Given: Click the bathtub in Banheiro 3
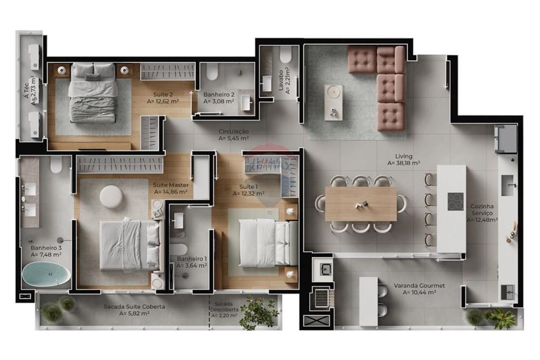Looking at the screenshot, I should tap(46, 275).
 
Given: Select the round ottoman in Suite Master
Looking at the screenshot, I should tap(112, 196).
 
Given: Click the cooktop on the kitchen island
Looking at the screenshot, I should tap(455, 201).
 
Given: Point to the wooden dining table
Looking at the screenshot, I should tap(361, 203).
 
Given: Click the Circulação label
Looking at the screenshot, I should tap(233, 134).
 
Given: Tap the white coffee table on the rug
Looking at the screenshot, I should tap(334, 102).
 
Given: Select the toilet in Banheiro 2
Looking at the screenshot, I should tap(212, 71).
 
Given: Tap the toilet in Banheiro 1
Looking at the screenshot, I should tap(180, 249).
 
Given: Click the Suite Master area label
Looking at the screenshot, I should tap(171, 188).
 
